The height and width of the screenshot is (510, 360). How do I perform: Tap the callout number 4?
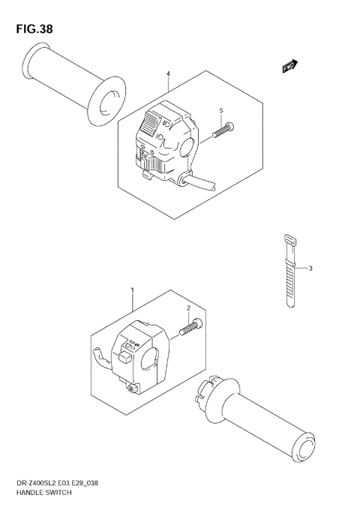coord(168,73)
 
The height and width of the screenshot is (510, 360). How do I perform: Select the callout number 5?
coord(221,111)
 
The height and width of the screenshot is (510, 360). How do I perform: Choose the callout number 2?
coord(188,308)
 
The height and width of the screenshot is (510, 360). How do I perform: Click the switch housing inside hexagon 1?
coord(139,352)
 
